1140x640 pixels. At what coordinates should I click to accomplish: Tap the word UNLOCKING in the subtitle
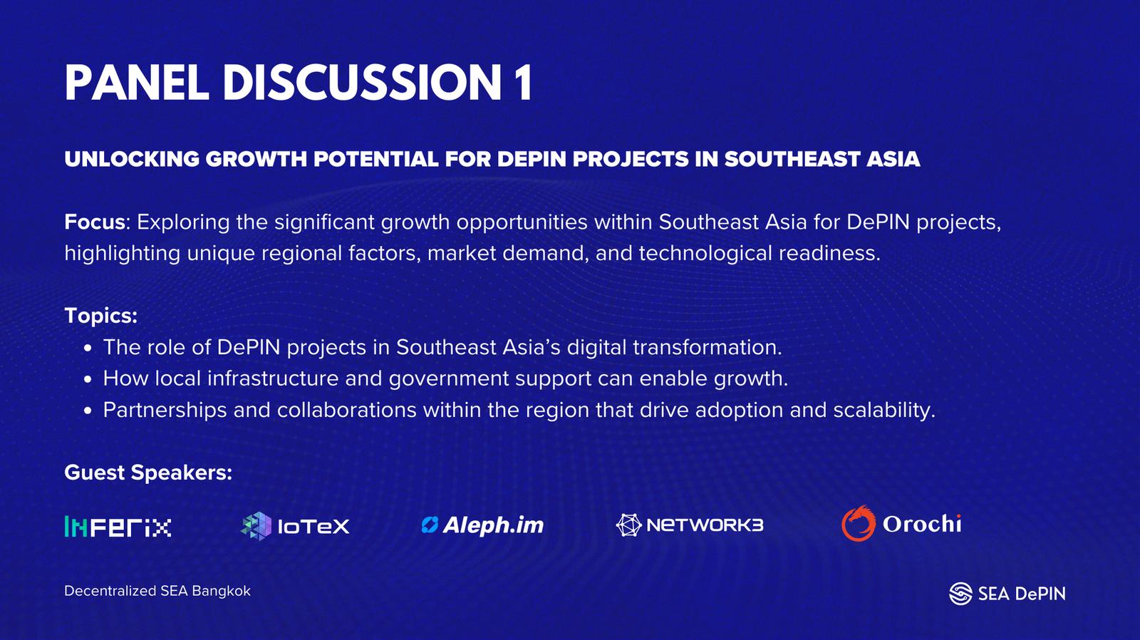tap(132, 159)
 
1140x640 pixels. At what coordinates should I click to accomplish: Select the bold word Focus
tap(95, 222)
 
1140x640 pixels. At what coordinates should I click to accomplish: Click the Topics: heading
tap(100, 316)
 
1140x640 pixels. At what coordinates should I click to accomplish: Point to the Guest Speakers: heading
tap(148, 473)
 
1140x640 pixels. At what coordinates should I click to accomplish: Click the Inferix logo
tap(118, 527)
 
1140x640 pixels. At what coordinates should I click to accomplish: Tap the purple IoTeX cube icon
tap(256, 526)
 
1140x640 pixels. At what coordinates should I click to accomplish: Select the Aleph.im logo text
tap(493, 525)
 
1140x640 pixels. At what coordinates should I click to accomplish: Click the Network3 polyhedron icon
tap(628, 525)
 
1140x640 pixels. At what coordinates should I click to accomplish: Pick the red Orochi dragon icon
tap(859, 523)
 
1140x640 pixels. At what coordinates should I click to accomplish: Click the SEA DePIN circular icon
tap(961, 594)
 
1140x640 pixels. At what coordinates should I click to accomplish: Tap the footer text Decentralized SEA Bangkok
tap(157, 591)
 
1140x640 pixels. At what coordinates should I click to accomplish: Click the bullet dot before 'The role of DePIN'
tap(88, 349)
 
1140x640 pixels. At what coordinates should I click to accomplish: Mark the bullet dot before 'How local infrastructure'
tap(88, 380)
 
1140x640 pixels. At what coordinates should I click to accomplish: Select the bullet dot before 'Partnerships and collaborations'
tap(88, 411)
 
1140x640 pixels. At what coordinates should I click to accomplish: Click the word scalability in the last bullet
tap(884, 411)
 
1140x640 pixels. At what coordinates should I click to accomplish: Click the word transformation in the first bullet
tap(708, 348)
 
